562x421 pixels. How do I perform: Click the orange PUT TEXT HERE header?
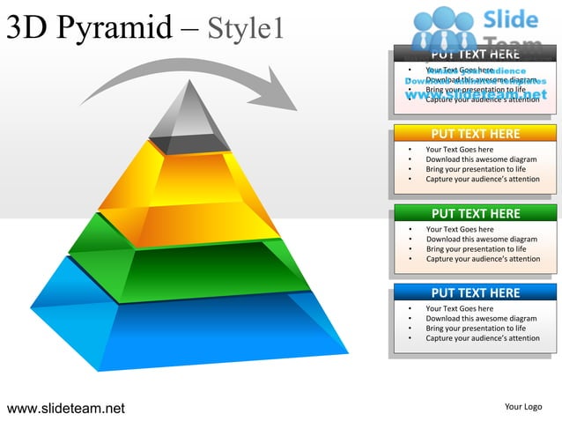(x=475, y=134)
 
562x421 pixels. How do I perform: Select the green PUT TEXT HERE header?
(x=475, y=213)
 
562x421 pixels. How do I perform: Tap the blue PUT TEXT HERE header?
(x=475, y=292)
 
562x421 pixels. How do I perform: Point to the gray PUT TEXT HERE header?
(x=475, y=55)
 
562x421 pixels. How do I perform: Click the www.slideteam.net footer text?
(x=66, y=408)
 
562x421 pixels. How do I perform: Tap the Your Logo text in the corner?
(x=522, y=407)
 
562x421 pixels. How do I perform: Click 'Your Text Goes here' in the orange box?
(x=460, y=150)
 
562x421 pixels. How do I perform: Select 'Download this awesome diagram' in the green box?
(x=482, y=239)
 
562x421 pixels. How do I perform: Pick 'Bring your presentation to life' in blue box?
(x=476, y=328)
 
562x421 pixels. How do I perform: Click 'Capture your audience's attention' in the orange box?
(x=483, y=179)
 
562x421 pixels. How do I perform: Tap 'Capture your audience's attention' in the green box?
(x=483, y=259)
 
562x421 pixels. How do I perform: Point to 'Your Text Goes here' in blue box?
(x=460, y=308)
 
